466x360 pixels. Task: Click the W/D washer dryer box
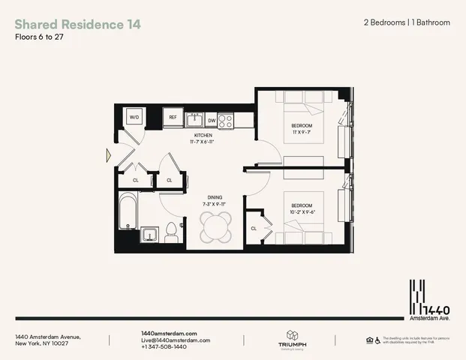(134, 118)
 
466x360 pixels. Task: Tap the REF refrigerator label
(173, 118)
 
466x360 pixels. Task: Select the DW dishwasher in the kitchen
(212, 119)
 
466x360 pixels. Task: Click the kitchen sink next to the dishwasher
(194, 118)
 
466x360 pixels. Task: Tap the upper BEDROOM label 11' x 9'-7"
(301, 127)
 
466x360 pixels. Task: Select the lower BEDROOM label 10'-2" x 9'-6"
(301, 208)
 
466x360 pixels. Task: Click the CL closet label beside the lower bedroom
(254, 228)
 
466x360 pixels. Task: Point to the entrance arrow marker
(110, 156)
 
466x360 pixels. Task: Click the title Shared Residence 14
(77, 24)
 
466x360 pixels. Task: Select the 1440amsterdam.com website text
(169, 332)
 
